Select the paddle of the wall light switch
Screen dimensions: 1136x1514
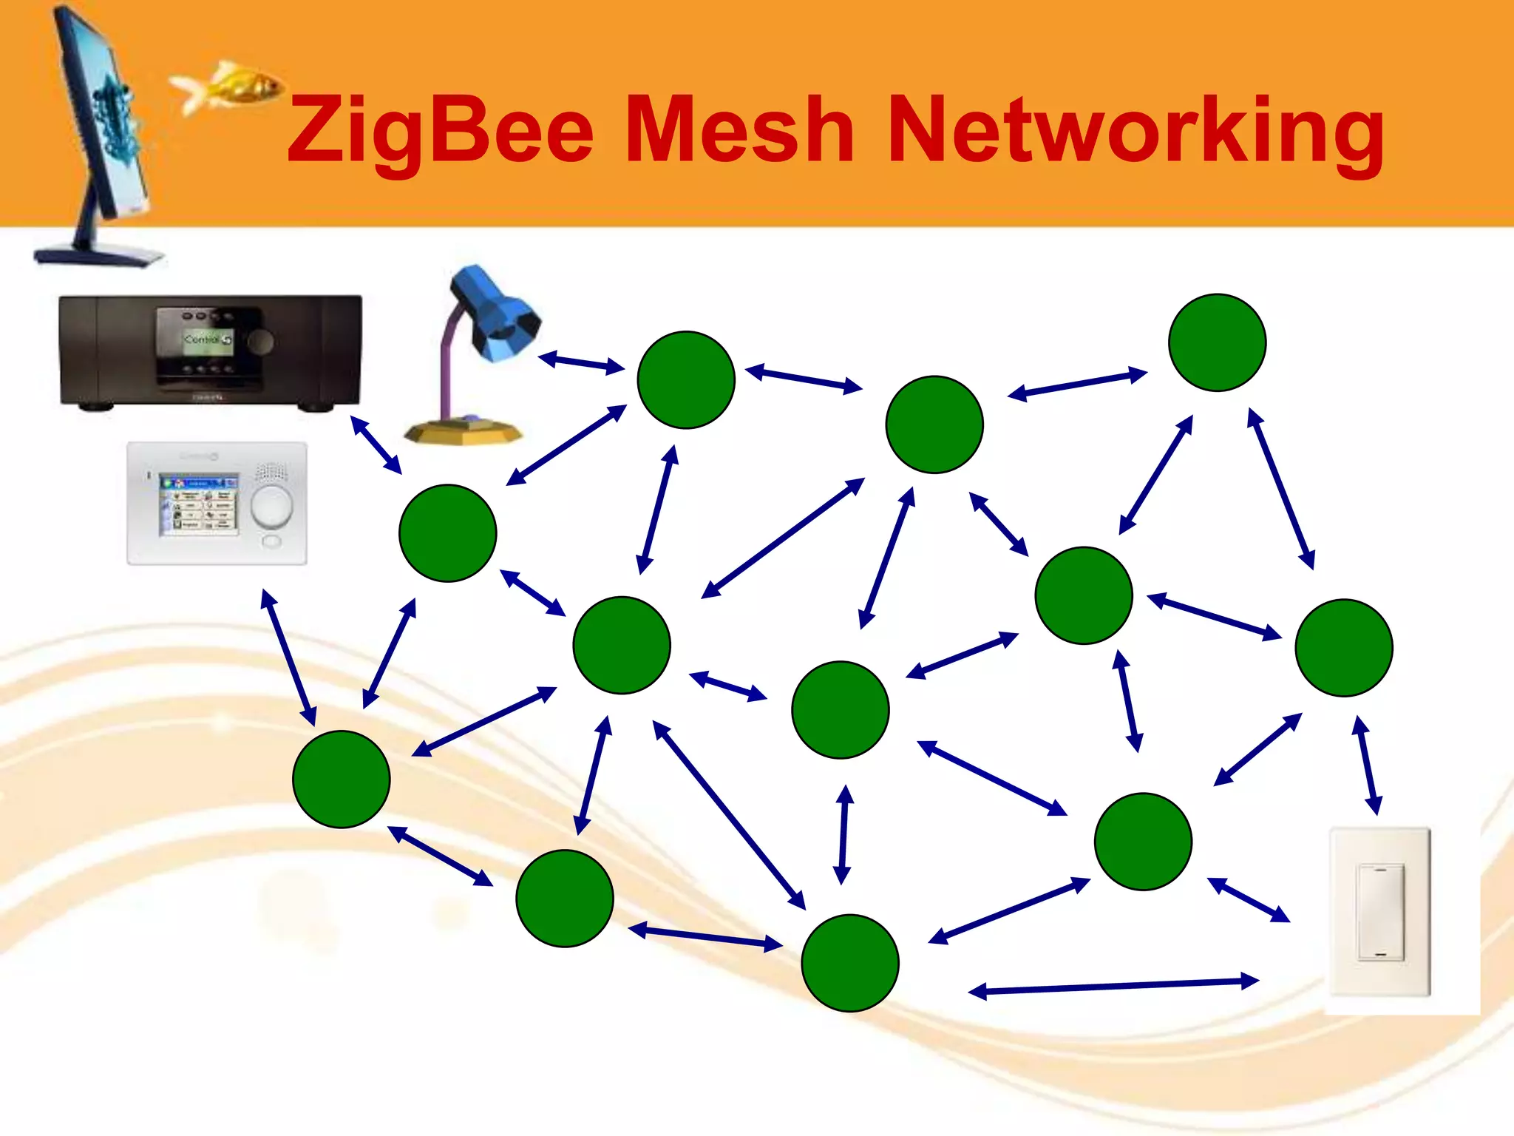pos(1379,911)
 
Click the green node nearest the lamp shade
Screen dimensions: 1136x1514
pos(686,379)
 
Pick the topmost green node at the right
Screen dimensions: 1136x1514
pos(1217,342)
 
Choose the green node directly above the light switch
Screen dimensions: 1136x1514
pos(1343,647)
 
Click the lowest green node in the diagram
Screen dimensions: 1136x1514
pos(849,962)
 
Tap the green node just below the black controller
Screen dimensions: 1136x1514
pos(447,532)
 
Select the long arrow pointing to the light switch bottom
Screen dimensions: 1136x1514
pos(1113,987)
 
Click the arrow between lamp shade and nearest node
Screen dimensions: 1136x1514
pos(581,363)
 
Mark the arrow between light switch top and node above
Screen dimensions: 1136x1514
pos(1367,765)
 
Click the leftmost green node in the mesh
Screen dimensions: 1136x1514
pos(341,779)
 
